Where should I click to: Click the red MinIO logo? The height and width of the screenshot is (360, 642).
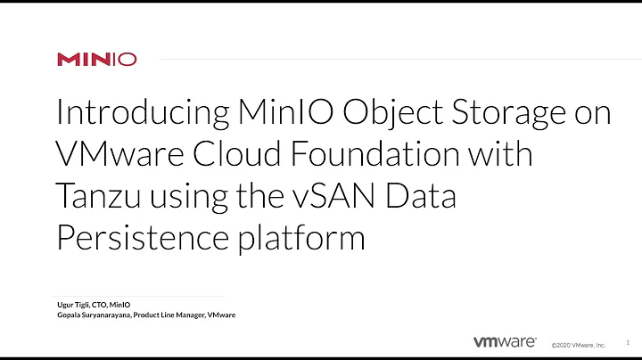point(97,60)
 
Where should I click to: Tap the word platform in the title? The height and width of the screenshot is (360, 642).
point(309,237)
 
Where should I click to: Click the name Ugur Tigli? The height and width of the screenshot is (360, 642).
point(76,305)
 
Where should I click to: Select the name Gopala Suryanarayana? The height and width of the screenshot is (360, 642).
point(98,315)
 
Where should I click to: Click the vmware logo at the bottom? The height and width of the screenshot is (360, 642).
point(504,341)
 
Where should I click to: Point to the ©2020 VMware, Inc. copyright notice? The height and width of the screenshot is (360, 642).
point(578,344)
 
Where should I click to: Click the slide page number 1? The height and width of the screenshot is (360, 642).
point(628,340)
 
